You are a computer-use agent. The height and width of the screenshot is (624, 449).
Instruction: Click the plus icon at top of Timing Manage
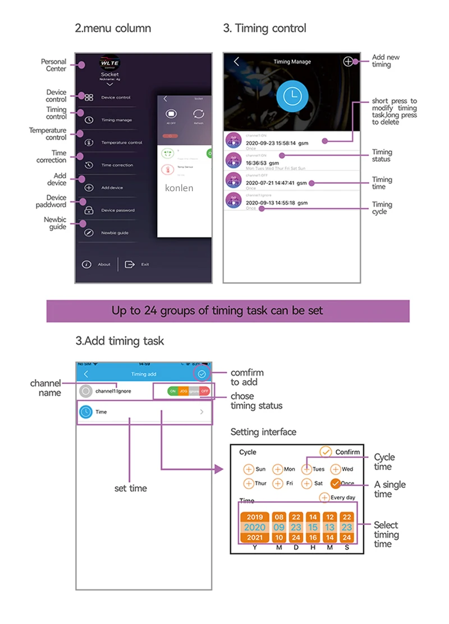349,62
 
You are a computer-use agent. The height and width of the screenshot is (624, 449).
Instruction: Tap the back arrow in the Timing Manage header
236,62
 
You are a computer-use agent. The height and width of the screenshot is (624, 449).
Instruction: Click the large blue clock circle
292,96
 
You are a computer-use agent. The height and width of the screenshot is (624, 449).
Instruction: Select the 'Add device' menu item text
112,188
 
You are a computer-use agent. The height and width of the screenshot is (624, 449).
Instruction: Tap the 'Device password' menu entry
118,210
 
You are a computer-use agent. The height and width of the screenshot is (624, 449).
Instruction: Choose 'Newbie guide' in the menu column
114,233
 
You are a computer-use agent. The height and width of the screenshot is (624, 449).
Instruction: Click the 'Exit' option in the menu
145,265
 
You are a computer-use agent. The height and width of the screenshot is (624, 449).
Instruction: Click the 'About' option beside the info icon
104,265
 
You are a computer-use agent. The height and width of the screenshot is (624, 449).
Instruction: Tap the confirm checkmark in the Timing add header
201,373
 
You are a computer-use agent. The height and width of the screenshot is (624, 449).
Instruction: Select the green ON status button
173,391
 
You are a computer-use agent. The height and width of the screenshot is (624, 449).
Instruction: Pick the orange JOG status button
184,391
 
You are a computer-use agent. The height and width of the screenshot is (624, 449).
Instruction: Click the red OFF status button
205,391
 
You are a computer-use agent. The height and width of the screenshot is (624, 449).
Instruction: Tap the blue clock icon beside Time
86,412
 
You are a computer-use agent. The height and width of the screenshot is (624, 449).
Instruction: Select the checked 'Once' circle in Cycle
335,483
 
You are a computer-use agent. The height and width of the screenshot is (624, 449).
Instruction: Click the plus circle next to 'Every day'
324,497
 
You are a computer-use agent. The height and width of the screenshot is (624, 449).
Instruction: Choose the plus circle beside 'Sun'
249,469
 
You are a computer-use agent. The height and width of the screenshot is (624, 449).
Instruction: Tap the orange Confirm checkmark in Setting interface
326,452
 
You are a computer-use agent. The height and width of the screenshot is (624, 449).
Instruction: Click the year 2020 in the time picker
254,528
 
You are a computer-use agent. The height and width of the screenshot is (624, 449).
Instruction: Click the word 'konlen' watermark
179,188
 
